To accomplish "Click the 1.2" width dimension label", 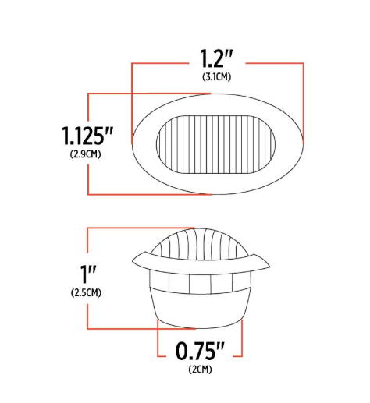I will [x=217, y=58].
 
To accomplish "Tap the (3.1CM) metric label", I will [x=217, y=76].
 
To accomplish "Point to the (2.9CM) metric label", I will [x=85, y=154].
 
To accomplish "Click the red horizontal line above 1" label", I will [x=133, y=228].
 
